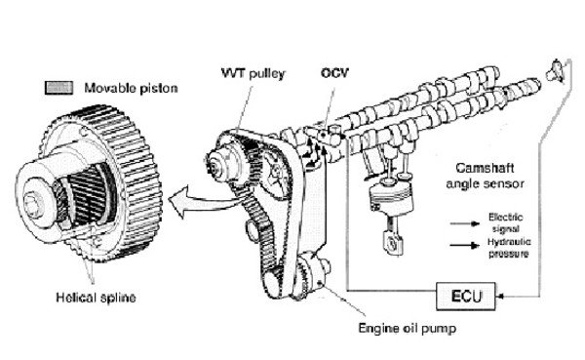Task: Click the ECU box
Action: point(466,297)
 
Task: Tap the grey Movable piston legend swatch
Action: point(58,88)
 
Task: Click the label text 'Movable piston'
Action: point(131,88)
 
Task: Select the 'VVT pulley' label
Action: point(253,73)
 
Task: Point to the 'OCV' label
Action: point(334,72)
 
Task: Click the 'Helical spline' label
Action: point(96,298)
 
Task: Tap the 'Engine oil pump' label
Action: point(408,328)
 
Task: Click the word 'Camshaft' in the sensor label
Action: point(485,168)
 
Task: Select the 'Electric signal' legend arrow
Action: point(464,223)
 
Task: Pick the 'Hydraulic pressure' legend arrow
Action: point(464,245)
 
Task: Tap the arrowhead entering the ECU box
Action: point(500,297)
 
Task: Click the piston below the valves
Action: point(391,197)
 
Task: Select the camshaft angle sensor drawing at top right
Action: point(555,71)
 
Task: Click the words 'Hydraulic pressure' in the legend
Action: point(509,248)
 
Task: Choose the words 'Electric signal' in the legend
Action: point(506,222)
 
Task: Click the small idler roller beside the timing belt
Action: point(253,232)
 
